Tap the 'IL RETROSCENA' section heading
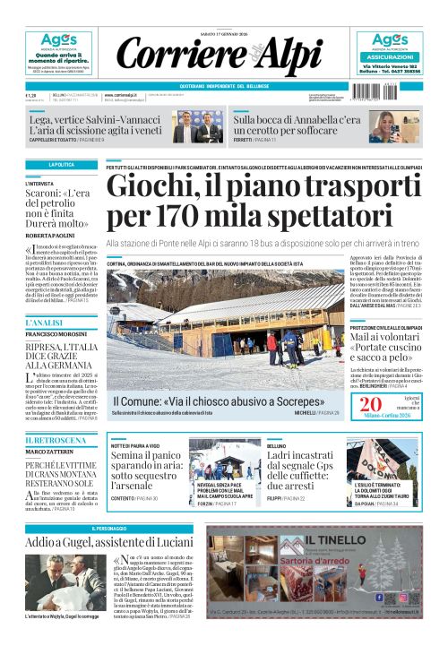coord(50,440)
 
